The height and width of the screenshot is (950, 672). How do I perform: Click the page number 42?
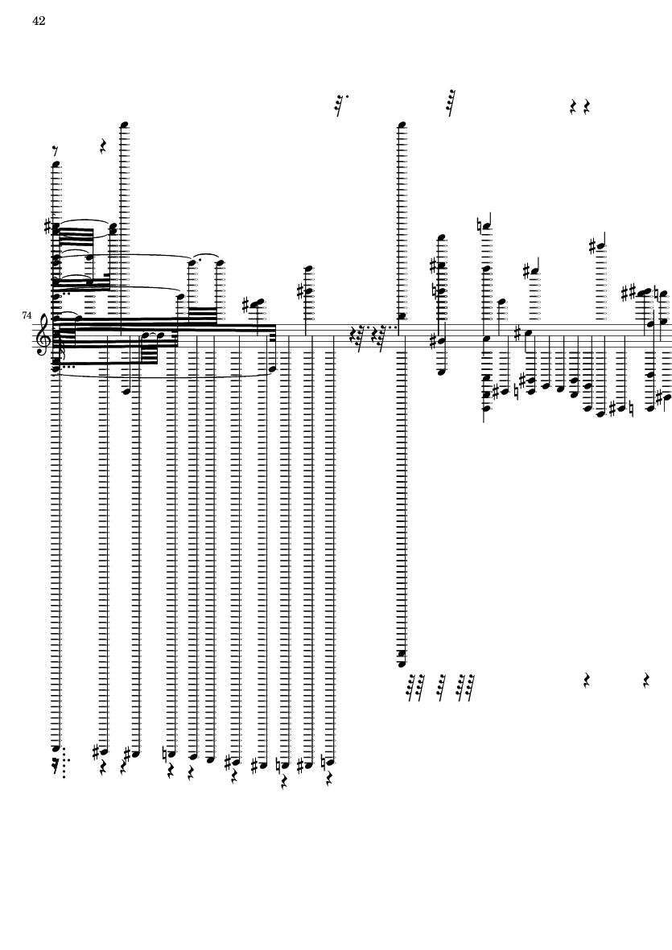[x=39, y=21]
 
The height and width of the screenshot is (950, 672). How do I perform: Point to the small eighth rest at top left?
[x=55, y=150]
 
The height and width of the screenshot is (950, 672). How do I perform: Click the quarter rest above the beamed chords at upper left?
[x=104, y=147]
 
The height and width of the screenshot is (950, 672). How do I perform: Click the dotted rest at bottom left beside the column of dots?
[x=55, y=766]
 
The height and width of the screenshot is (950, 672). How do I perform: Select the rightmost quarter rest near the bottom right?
[x=647, y=681]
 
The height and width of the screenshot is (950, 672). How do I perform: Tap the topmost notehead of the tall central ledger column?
[x=402, y=125]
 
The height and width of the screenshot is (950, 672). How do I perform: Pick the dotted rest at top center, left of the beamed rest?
[x=340, y=104]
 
